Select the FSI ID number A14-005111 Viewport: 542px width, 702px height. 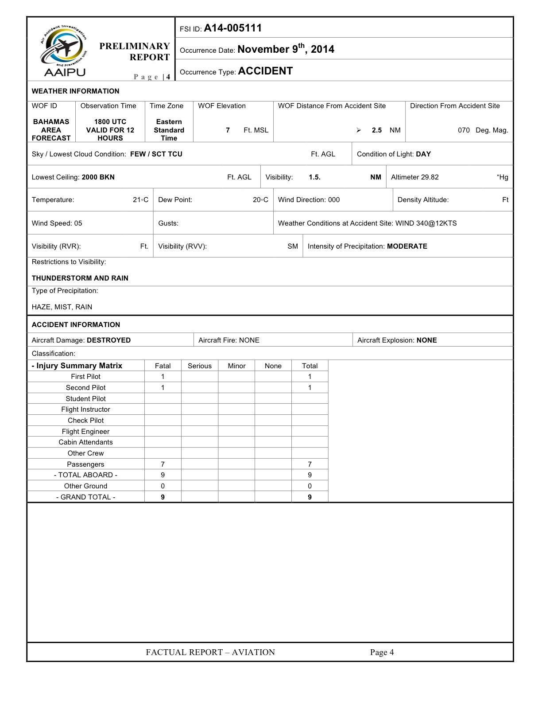232,28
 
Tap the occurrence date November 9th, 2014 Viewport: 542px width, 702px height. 286,49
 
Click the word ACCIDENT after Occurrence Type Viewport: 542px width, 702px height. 265,71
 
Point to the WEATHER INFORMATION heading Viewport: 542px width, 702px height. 75,91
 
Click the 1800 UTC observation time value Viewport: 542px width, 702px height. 110,122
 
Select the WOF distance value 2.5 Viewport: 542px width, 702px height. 376,130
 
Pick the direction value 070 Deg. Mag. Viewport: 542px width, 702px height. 483,130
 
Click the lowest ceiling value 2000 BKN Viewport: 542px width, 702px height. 98,177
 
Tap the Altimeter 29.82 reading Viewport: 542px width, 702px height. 415,177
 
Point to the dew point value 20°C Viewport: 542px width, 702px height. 260,200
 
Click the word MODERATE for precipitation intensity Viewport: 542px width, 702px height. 407,246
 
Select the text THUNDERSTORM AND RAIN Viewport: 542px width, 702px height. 80,278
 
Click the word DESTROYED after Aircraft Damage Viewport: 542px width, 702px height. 109,340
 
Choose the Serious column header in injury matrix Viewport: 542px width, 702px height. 200,366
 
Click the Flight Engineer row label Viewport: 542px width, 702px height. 85,432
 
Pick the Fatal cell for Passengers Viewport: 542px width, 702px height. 163,464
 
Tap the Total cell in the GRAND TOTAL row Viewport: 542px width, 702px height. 310,497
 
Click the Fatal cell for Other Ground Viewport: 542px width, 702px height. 163,486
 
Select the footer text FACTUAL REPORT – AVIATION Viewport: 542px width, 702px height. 210,652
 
